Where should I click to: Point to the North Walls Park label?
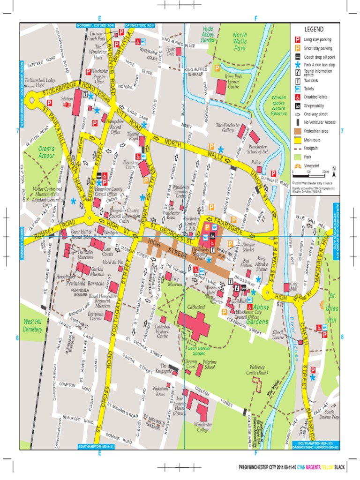point(240,41)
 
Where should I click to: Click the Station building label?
point(67,99)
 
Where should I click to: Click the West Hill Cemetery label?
point(32,325)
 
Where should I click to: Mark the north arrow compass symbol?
point(333,170)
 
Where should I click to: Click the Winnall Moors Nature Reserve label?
point(278,105)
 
